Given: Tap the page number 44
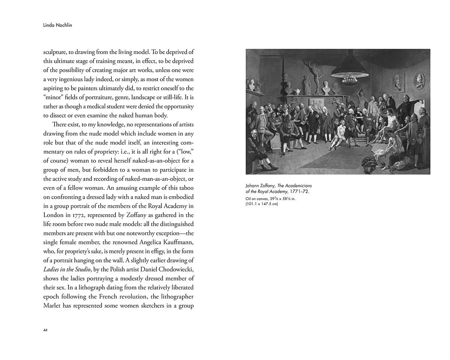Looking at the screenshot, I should (46, 330).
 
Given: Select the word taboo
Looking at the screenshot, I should (185, 188).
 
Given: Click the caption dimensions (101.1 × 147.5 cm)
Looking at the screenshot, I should (261, 204).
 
